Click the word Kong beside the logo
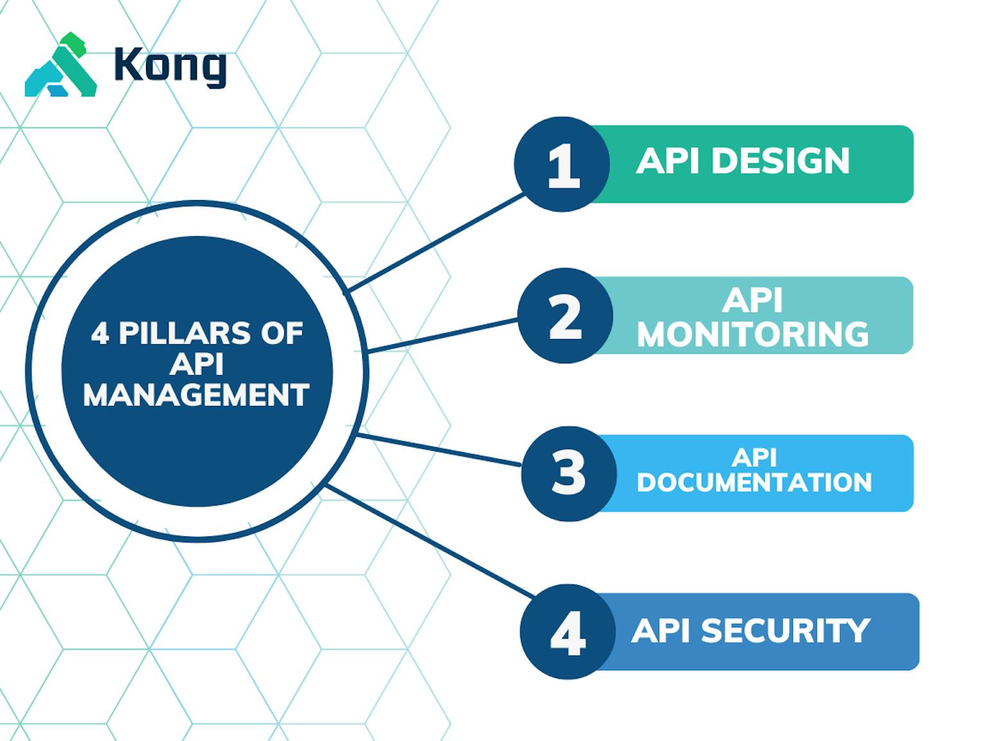170,66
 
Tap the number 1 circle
562,165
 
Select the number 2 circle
565,316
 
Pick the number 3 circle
568,473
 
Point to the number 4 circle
567,632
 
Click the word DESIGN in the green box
780,161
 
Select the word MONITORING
753,334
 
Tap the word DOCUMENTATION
754,482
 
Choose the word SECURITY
785,631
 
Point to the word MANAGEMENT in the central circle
196,395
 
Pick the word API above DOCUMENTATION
754,457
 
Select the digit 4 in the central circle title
100,334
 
